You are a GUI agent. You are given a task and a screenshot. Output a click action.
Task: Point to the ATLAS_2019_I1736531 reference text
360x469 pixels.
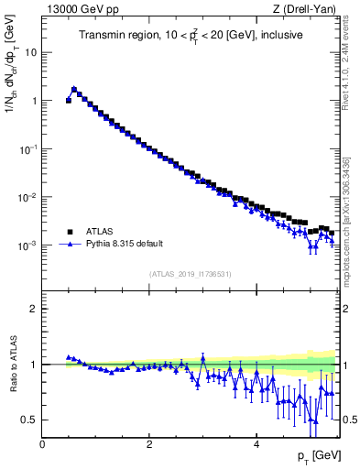coord(191,274)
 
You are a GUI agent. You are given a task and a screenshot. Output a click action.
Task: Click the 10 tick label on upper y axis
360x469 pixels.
coord(31,52)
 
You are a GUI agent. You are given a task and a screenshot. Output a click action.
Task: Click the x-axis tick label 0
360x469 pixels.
coord(43,444)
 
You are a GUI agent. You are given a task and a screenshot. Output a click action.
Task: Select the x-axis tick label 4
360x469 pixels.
coord(256,444)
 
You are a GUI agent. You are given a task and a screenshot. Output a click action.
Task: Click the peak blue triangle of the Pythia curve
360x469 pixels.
coord(74,89)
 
